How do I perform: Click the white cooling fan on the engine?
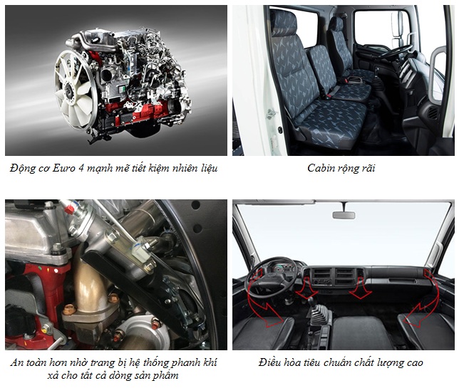click(75, 89)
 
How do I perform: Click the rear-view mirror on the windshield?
click(344, 215)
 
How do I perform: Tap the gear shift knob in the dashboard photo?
click(310, 301)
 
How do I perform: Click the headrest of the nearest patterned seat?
click(283, 23)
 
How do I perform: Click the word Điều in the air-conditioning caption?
click(269, 362)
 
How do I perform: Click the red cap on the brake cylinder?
click(69, 209)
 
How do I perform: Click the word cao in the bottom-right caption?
click(414, 363)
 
